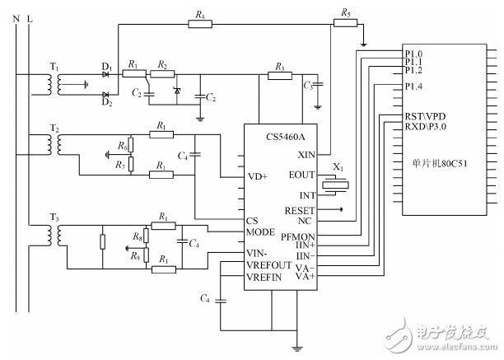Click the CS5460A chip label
pos(286,137)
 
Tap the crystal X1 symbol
pos(335,185)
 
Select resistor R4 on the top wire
pos(200,24)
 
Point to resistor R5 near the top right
pos(346,23)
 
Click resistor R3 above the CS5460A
pos(280,76)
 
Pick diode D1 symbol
pos(105,75)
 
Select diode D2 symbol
pos(105,95)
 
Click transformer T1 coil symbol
pos(54,85)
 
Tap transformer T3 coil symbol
pos(54,236)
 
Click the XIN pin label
pos(306,155)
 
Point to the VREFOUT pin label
pos(268,265)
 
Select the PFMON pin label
pos(298,237)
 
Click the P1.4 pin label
pos(413,86)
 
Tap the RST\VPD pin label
pos(425,116)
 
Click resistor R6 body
pos(131,145)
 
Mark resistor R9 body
pos(147,255)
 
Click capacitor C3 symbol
pos(318,85)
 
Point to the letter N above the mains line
pos(16,19)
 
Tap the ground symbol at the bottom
pos(297,348)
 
